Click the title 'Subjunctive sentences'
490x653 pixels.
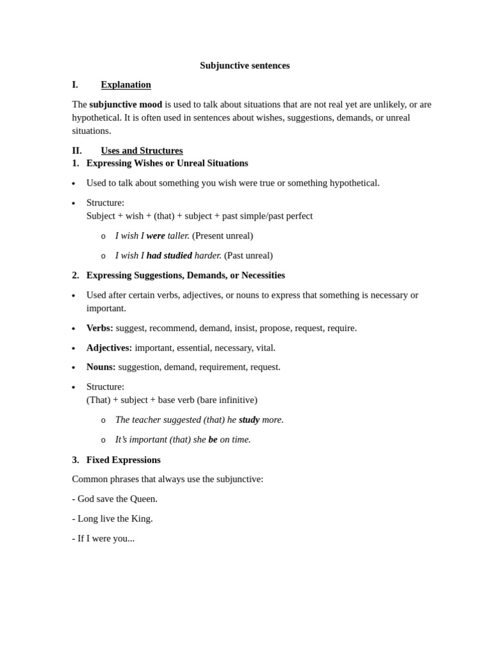point(244,65)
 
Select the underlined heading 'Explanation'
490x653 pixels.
point(126,85)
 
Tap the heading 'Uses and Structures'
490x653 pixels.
point(142,150)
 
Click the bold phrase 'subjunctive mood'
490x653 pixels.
point(126,104)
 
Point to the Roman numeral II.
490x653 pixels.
point(77,150)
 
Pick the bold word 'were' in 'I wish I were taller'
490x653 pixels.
point(156,235)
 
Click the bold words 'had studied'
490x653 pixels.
point(169,255)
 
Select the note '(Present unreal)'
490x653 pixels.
point(223,235)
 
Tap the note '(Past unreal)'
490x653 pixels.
point(248,255)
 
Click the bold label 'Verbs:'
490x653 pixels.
point(100,328)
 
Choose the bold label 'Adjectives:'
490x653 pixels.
point(109,348)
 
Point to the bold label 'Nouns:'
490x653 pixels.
point(101,367)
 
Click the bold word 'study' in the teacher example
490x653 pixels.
point(249,420)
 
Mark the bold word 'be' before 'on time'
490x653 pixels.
point(213,439)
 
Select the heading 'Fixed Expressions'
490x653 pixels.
point(123,460)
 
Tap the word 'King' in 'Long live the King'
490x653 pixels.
point(142,518)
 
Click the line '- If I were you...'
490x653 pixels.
point(103,538)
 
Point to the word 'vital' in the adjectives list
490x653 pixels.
point(265,348)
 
